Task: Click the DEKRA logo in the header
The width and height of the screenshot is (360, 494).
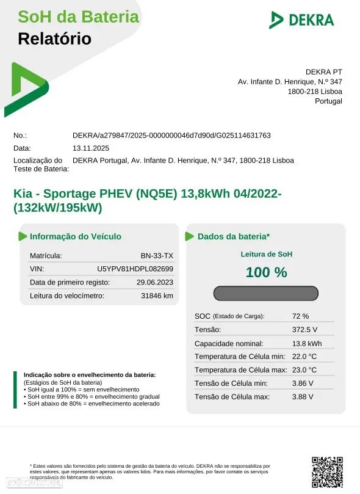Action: click(301, 20)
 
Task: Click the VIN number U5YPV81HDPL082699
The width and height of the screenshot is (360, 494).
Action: click(135, 269)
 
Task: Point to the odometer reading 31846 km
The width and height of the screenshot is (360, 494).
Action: click(157, 296)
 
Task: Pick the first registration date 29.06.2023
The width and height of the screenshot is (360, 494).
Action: click(155, 282)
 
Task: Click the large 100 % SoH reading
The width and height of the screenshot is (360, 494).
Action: click(266, 272)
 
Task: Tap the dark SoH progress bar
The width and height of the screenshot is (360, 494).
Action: click(266, 293)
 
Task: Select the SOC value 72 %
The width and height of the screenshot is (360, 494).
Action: click(301, 316)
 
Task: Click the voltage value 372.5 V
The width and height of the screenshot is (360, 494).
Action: click(305, 330)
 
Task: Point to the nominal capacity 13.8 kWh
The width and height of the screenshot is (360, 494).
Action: click(307, 343)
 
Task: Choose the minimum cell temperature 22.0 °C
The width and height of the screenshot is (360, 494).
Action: click(304, 357)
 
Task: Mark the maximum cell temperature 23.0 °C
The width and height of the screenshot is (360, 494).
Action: click(304, 370)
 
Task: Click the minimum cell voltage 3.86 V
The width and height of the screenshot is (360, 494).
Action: click(303, 383)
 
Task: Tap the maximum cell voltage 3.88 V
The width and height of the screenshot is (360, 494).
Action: click(303, 397)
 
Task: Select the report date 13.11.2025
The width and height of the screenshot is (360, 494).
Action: click(91, 148)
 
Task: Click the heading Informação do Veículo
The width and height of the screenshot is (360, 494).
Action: click(75, 236)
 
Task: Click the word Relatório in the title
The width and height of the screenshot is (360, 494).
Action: click(55, 39)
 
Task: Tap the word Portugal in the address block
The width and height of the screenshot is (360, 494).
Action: click(328, 101)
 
